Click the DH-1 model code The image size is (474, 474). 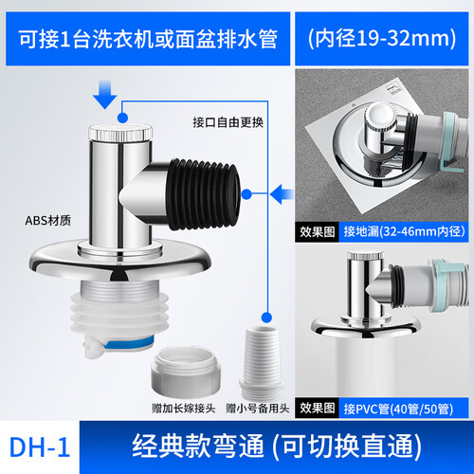tap(40, 447)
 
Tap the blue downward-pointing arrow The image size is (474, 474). tap(105, 94)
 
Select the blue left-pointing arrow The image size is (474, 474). tap(282, 193)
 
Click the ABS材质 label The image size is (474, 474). tap(48, 221)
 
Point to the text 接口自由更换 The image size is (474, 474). tap(228, 122)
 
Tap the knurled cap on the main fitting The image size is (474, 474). tap(120, 133)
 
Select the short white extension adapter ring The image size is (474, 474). tap(186, 372)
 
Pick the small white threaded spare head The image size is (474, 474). tap(261, 362)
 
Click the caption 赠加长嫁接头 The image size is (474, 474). tap(183, 409)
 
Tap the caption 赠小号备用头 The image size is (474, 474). tap(257, 409)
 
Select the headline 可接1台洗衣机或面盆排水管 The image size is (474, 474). tap(148, 39)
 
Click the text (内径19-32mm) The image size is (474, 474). tap(382, 39)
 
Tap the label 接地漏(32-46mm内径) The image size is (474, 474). tap(404, 231)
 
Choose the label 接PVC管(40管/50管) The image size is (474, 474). tap(398, 409)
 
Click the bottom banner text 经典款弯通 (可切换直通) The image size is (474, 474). tap(277, 447)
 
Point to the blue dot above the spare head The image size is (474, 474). tap(266, 318)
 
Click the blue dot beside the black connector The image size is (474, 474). tap(246, 194)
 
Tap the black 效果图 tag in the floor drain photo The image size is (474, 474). tap(317, 231)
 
